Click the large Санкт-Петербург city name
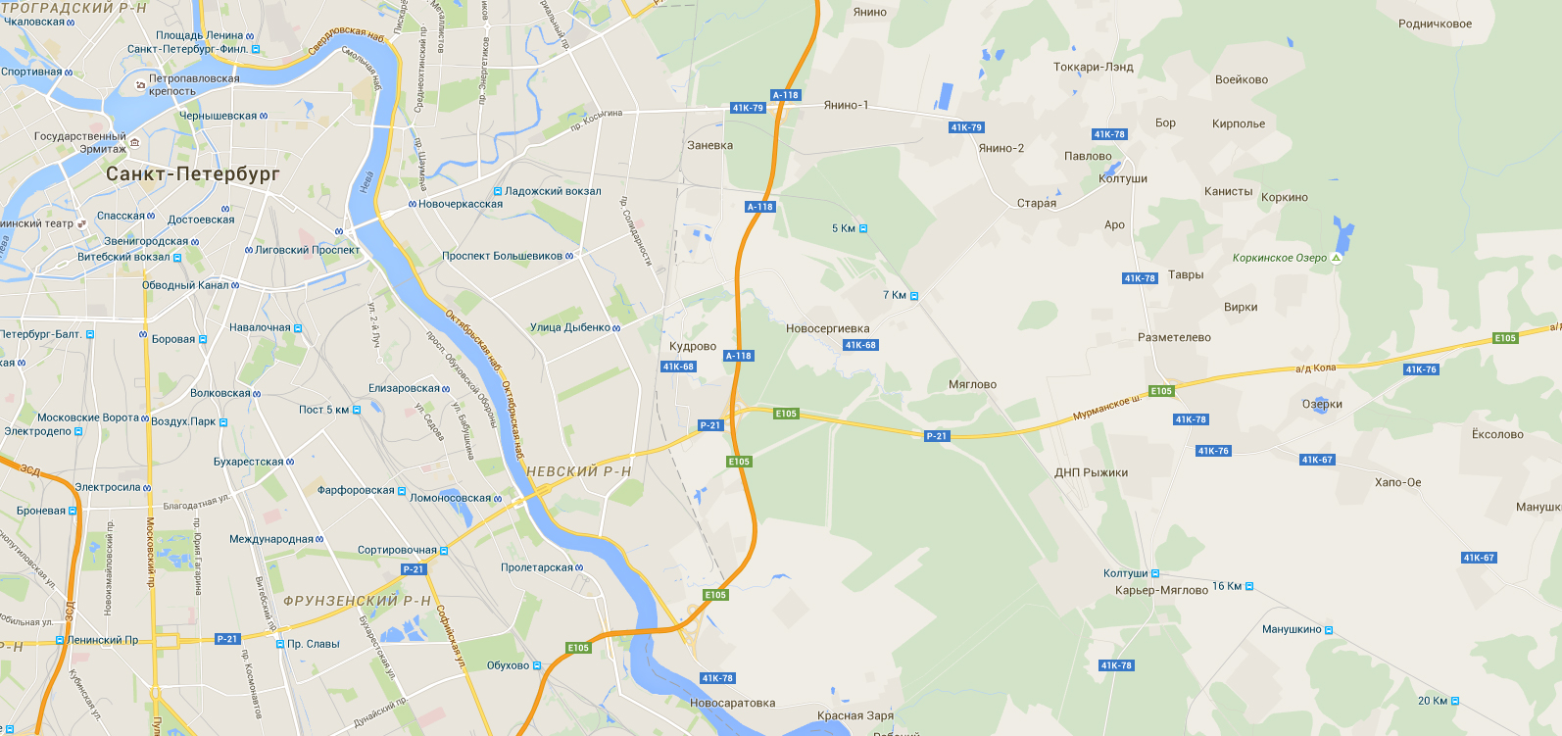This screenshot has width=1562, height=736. click(x=192, y=174)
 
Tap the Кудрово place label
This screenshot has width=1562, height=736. click(x=693, y=347)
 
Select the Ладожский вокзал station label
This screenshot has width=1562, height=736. click(x=553, y=191)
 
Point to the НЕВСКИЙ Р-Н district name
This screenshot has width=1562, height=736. click(x=578, y=471)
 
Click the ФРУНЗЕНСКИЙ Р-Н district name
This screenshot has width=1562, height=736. click(x=357, y=601)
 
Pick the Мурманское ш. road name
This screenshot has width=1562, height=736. click(x=1106, y=408)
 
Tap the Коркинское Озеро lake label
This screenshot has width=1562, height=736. click(x=1280, y=258)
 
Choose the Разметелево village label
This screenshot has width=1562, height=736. click(x=1174, y=337)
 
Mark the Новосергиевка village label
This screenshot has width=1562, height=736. click(x=827, y=329)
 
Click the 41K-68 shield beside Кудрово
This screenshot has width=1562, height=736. click(x=678, y=367)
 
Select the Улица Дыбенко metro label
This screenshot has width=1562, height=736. click(x=570, y=327)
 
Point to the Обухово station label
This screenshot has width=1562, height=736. click(x=508, y=665)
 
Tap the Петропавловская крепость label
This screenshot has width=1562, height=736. click(x=193, y=84)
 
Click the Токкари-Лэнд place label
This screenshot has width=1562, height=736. click(x=1093, y=68)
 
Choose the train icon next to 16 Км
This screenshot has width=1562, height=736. click(x=1249, y=586)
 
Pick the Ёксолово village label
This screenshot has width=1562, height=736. click(x=1497, y=434)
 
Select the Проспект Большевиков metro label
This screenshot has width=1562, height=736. click(x=502, y=256)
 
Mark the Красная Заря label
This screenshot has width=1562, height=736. click(x=854, y=715)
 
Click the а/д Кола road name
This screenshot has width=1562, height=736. click(x=1315, y=368)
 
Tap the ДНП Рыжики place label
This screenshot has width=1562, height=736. click(x=1091, y=472)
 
